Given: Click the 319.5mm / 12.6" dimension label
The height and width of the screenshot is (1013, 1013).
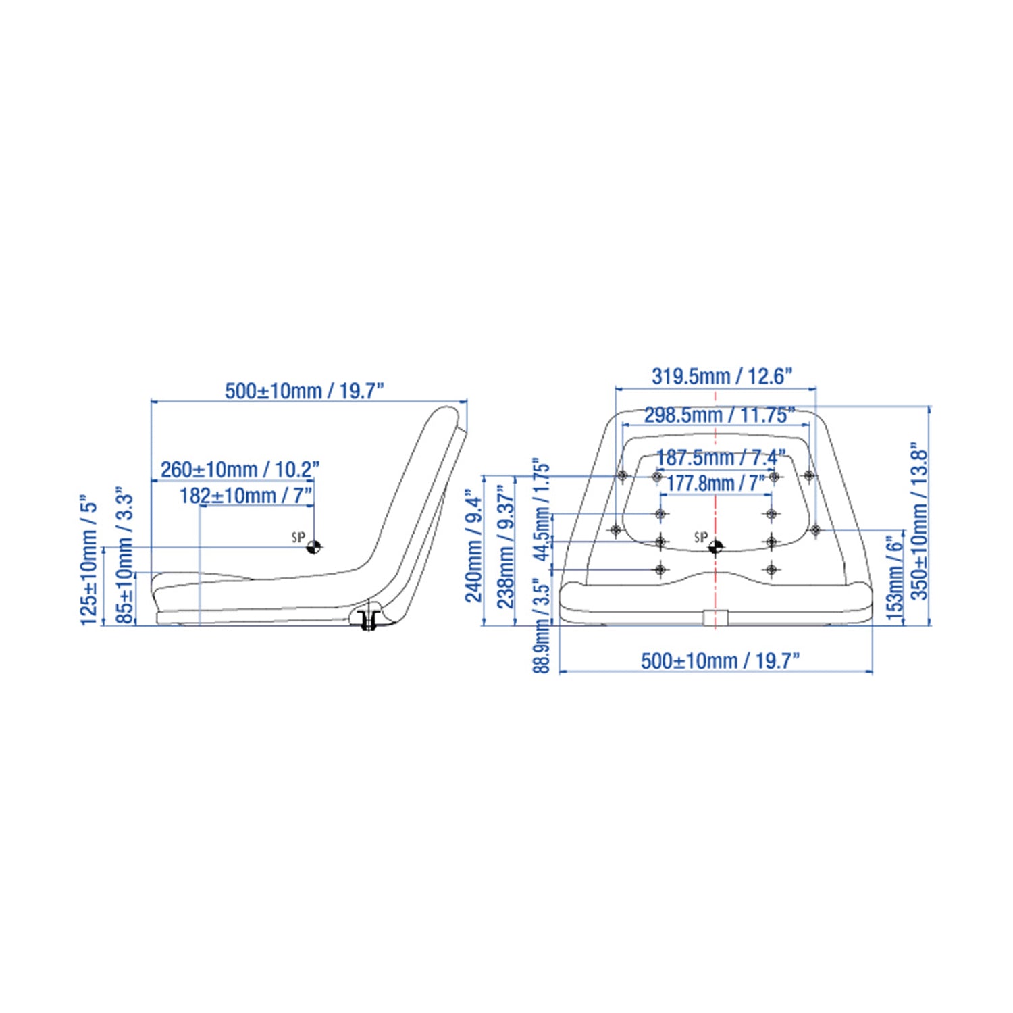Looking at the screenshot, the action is tap(721, 376).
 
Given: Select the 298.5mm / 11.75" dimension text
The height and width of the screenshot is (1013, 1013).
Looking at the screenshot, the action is tap(719, 415).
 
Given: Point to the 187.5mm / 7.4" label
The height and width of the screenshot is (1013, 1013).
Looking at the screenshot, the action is tap(721, 457).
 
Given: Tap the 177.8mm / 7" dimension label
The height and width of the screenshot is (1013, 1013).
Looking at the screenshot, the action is tap(716, 483).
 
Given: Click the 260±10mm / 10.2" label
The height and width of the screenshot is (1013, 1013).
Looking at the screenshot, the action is tap(240, 469).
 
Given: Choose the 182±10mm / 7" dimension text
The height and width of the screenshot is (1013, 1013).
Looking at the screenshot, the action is tap(246, 496).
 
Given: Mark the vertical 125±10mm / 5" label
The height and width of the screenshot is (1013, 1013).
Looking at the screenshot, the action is tap(90, 563).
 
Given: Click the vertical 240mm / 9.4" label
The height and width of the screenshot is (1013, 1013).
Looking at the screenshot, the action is tap(474, 549).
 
